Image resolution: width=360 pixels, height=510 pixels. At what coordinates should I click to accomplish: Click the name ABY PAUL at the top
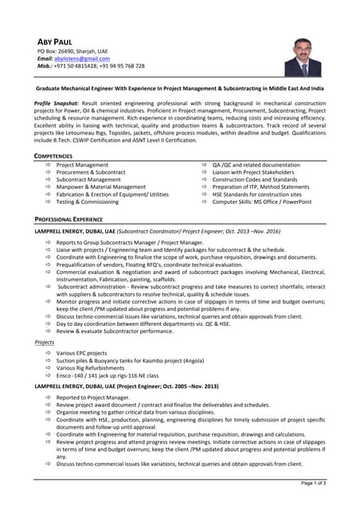(57, 41)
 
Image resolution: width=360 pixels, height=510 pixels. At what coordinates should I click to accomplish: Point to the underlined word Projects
(45, 342)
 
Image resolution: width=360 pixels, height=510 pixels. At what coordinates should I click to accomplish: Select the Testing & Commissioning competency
(87, 202)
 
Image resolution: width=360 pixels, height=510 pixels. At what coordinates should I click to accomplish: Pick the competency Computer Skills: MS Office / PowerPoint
(261, 202)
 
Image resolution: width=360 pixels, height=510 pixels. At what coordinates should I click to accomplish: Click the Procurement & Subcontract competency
(91, 172)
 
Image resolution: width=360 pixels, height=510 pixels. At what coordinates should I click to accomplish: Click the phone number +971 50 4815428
(77, 66)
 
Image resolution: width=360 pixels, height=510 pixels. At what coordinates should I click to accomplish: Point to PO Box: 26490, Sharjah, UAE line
(74, 51)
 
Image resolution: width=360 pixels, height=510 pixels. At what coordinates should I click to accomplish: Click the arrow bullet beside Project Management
(49, 165)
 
